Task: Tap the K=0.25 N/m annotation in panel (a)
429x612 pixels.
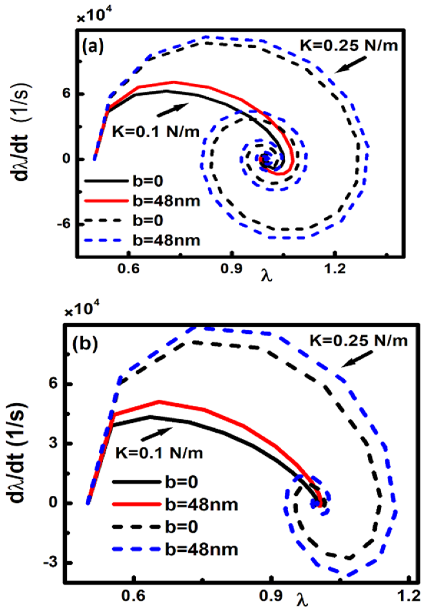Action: click(x=349, y=46)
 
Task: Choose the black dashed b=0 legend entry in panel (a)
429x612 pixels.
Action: click(x=124, y=220)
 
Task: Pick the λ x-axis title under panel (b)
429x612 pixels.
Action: click(x=302, y=599)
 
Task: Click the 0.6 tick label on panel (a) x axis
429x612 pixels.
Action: click(x=129, y=268)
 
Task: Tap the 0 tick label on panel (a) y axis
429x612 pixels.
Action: click(x=67, y=159)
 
